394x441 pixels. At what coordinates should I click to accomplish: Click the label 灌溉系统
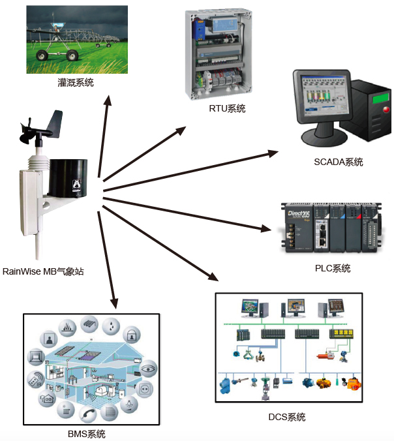[76, 83]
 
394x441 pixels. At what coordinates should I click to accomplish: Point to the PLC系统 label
[332, 268]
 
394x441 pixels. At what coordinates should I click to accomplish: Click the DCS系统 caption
[287, 417]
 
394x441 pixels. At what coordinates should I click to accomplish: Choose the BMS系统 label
[87, 434]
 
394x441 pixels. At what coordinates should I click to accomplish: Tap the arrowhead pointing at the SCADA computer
[273, 153]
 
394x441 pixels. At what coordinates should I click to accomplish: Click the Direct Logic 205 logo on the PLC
[297, 213]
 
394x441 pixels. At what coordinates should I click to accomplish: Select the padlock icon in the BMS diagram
[132, 335]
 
